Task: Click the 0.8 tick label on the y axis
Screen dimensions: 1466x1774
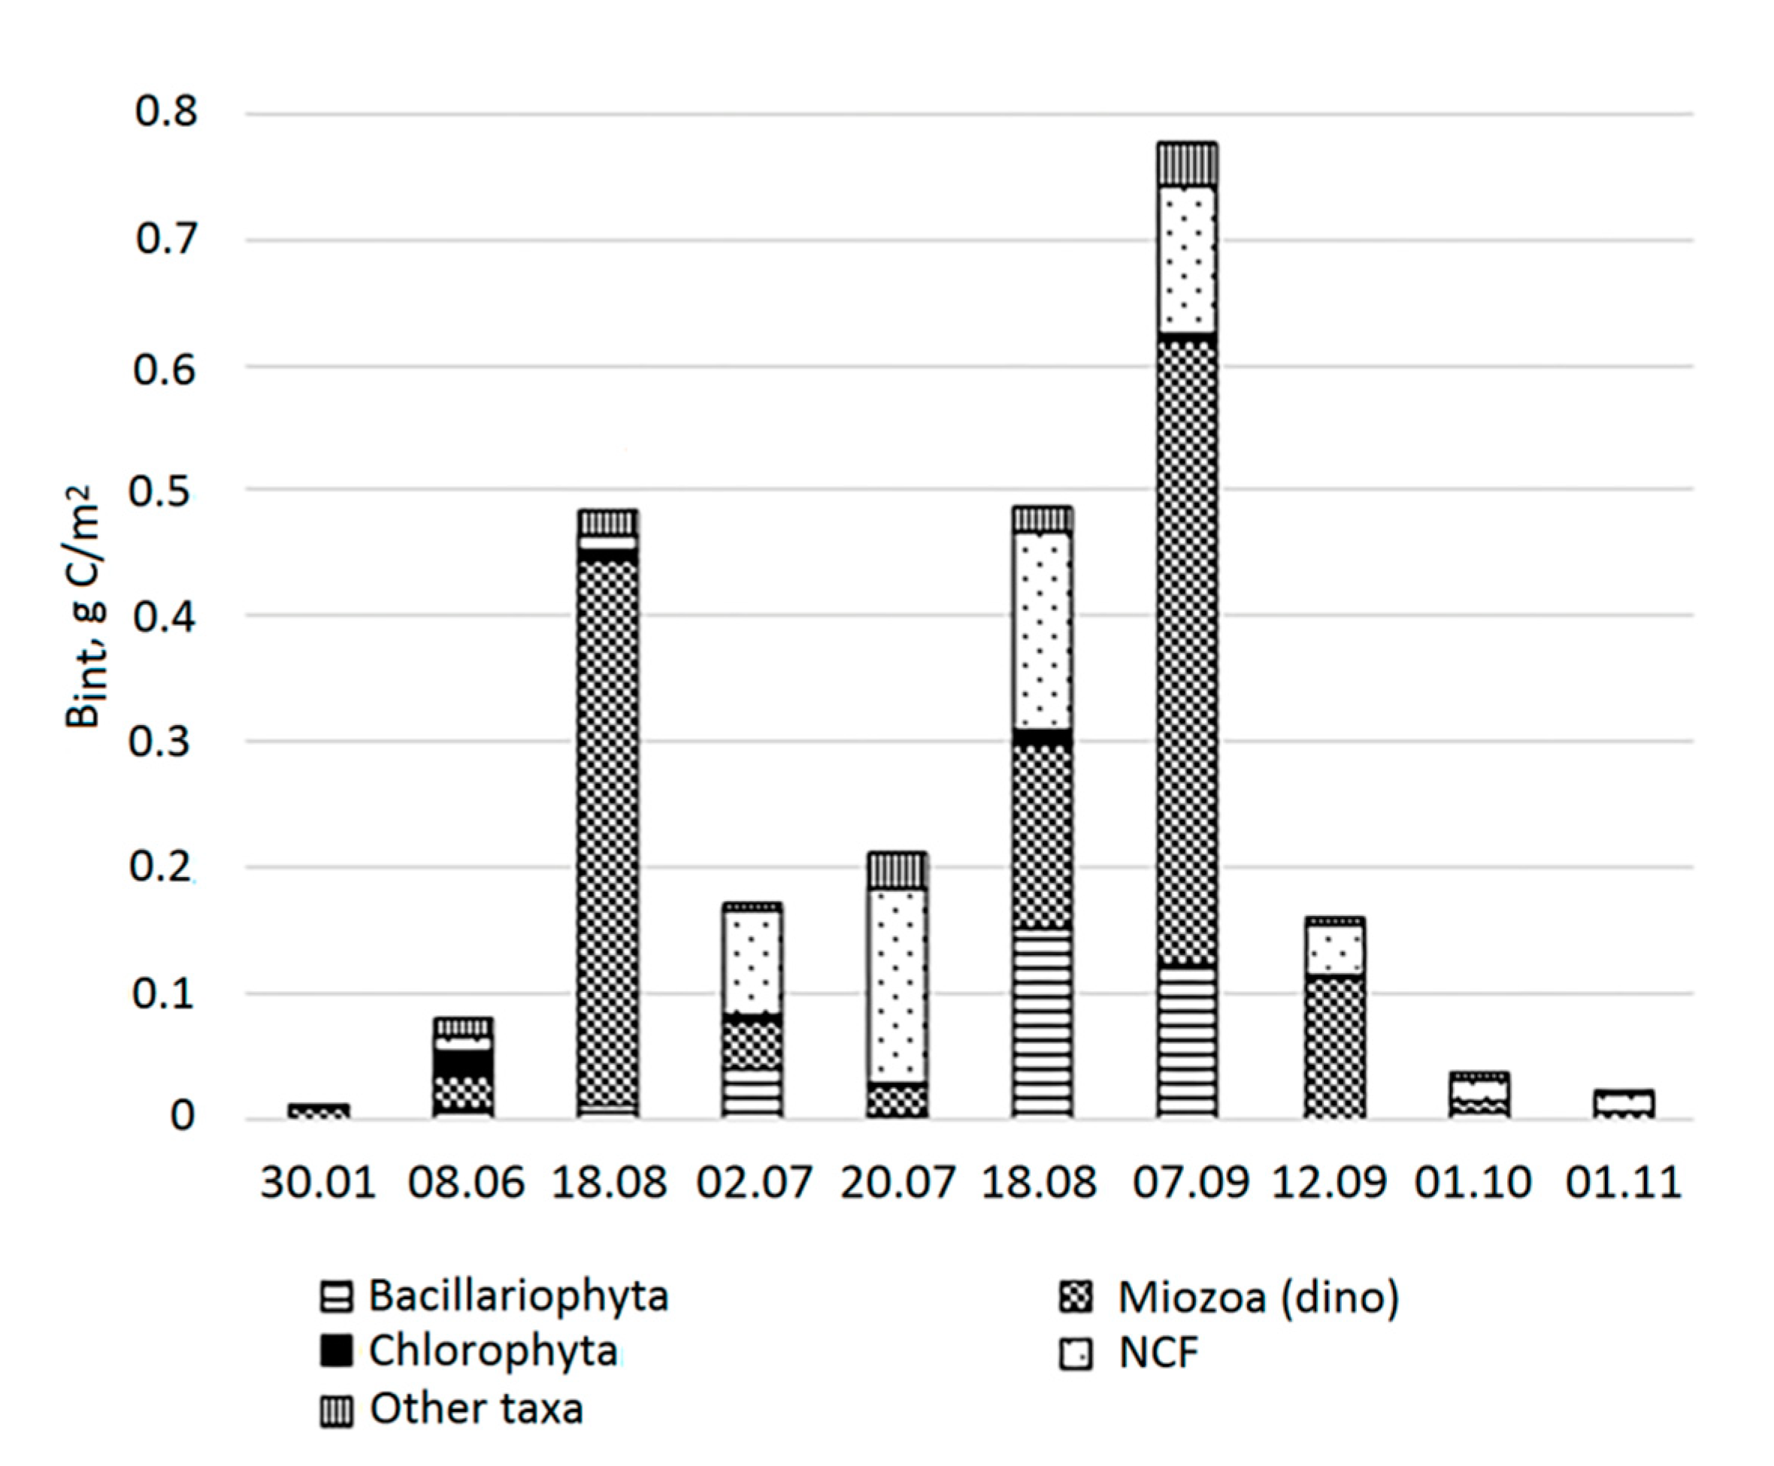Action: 165,112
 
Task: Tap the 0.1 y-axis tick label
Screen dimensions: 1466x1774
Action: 164,995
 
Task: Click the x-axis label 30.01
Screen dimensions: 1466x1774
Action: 318,1182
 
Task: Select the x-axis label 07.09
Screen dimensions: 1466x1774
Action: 1190,1182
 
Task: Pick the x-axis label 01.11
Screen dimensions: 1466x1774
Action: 1623,1182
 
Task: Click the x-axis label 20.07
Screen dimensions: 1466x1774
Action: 897,1182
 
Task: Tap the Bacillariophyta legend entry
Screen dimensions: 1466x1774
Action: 494,1296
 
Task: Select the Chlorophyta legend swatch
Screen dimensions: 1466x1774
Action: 335,1352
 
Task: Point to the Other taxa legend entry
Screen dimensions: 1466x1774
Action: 452,1410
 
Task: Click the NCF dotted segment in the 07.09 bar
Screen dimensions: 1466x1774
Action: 1188,260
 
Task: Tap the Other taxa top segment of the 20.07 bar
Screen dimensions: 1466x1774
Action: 897,871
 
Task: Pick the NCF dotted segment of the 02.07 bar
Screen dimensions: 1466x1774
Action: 752,963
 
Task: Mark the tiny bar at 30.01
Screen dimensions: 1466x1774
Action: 318,1111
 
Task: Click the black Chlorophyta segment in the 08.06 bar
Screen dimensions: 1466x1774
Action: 463,1063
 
